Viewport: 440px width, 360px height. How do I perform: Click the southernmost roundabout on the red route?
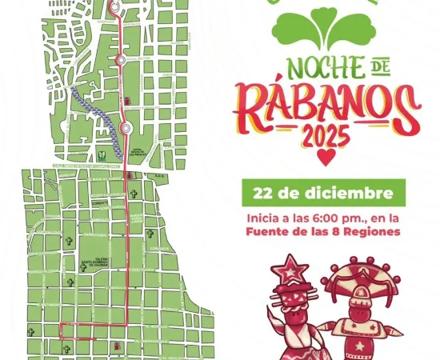[x=126, y=128]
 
